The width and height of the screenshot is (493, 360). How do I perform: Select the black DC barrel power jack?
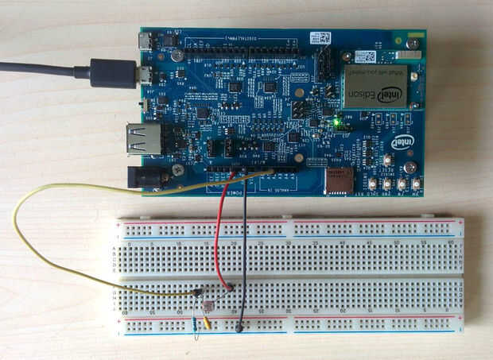click(x=147, y=176)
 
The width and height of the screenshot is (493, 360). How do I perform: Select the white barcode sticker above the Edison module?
click(x=367, y=56)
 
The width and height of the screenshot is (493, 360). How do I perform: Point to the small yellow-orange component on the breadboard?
click(x=208, y=323)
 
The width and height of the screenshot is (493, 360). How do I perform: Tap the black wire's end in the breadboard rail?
click(x=239, y=326)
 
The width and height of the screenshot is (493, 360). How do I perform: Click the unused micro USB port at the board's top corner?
click(x=145, y=41)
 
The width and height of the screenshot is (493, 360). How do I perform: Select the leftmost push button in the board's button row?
click(x=371, y=184)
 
